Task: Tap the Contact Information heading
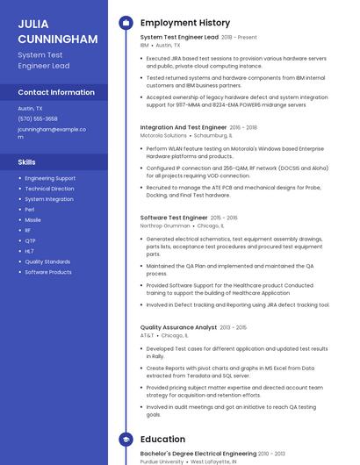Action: [56, 92]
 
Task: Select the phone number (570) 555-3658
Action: [38, 118]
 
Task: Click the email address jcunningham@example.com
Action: [52, 132]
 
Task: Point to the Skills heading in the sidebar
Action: [27, 162]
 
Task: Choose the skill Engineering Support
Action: [50, 178]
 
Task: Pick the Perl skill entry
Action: [30, 210]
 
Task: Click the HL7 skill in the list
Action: [29, 251]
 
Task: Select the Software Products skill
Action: [48, 272]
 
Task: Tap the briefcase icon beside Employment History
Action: [126, 23]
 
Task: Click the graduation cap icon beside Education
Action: [126, 439]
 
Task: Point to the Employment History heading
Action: [185, 23]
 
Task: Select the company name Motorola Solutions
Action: [163, 136]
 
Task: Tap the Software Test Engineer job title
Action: [174, 217]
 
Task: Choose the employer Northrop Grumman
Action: [164, 225]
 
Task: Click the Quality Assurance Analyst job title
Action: [178, 327]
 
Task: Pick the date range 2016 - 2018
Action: [245, 127]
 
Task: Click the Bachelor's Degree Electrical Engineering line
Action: [198, 454]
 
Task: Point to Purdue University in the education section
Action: [162, 461]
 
